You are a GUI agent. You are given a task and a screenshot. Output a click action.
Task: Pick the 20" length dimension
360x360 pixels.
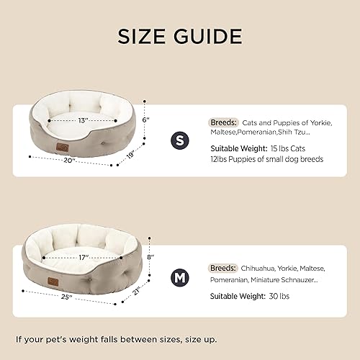[x=70, y=160]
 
